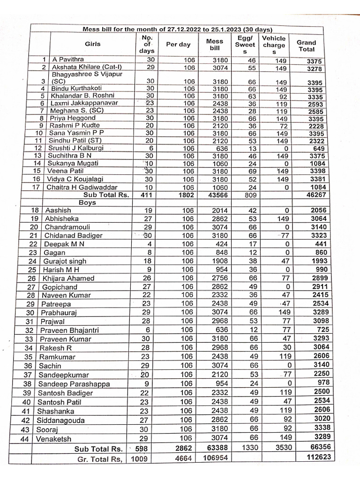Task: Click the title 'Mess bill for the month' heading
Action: [177, 29]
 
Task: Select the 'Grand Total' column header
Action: [306, 45]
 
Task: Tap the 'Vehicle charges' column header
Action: [274, 45]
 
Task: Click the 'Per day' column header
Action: [179, 45]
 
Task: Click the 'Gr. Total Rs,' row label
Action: [101, 459]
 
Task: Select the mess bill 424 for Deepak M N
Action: [216, 244]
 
